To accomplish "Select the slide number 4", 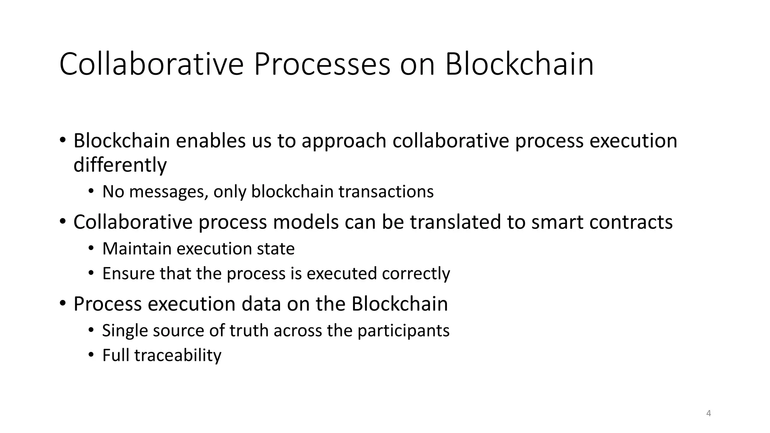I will click(709, 413).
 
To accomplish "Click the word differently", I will click(120, 165).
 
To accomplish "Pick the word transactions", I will click(386, 192).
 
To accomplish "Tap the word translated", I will click(455, 222).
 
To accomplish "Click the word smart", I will click(557, 222).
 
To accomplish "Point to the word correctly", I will click(416, 274).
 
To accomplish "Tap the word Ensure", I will click(128, 274).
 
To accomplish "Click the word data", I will click(261, 304).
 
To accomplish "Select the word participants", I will click(403, 331).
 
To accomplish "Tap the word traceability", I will click(178, 356).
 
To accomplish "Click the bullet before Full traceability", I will click(91, 356).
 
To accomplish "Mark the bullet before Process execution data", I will click(62, 303).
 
